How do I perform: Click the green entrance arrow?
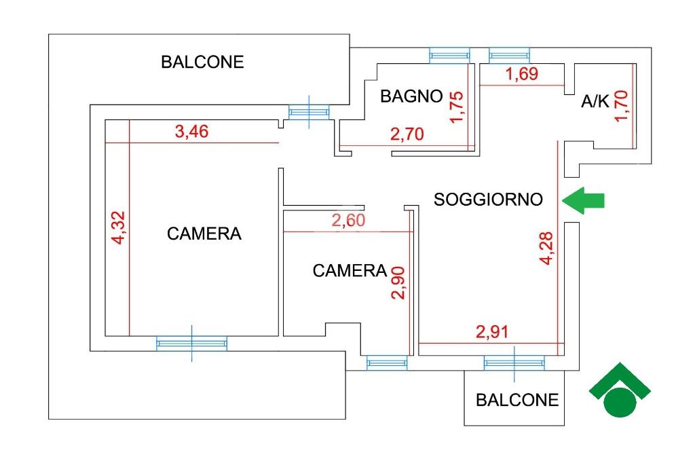pyautogui.click(x=583, y=200)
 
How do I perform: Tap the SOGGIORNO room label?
pyautogui.click(x=488, y=200)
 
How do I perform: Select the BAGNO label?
pyautogui.click(x=411, y=96)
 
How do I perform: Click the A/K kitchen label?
pyautogui.click(x=595, y=102)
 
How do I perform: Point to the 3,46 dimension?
pyautogui.click(x=191, y=131)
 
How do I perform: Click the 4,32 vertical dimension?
pyautogui.click(x=119, y=227)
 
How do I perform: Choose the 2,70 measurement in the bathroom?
pyautogui.click(x=407, y=134)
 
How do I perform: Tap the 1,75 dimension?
pyautogui.click(x=456, y=107)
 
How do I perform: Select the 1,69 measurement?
pyautogui.click(x=522, y=73)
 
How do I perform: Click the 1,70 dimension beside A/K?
pyautogui.click(x=621, y=105)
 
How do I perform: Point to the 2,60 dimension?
pyautogui.click(x=348, y=220)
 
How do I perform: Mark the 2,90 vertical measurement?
pyautogui.click(x=398, y=283)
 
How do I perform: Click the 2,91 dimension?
pyautogui.click(x=492, y=332)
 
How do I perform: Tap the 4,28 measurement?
pyautogui.click(x=546, y=248)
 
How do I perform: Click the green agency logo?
pyautogui.click(x=620, y=390)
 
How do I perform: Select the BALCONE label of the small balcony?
pyautogui.click(x=517, y=400)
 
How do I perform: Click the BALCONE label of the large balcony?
pyautogui.click(x=202, y=62)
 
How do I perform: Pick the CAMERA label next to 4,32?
pyautogui.click(x=204, y=234)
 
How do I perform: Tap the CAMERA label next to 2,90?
pyautogui.click(x=350, y=270)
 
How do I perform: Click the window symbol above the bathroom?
pyautogui.click(x=449, y=56)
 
